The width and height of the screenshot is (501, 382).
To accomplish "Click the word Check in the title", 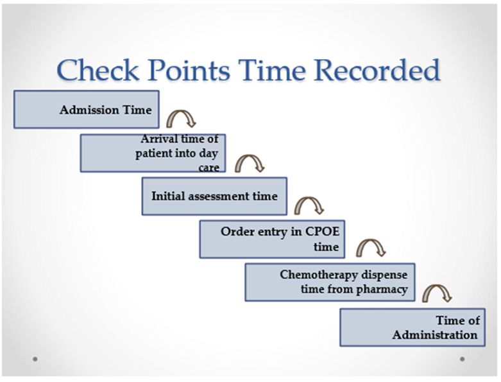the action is pyautogui.click(x=98, y=70).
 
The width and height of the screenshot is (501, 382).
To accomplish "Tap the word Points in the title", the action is pyautogui.click(x=189, y=70).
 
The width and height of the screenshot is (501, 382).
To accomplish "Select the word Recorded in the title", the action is pyautogui.click(x=377, y=70).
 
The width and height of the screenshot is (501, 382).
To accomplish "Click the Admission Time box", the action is pyautogui.click(x=86, y=109).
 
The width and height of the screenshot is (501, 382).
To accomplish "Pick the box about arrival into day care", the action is pyautogui.click(x=153, y=153).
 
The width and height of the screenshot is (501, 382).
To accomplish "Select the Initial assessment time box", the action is pyautogui.click(x=214, y=196).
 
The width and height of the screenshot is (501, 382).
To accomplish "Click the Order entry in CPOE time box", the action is pyautogui.click(x=272, y=239).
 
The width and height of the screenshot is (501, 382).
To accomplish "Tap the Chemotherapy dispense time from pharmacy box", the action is pyautogui.click(x=330, y=282).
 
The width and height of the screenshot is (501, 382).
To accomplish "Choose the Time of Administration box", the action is pyautogui.click(x=412, y=327).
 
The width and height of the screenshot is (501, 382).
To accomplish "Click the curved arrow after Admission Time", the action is pyautogui.click(x=181, y=112).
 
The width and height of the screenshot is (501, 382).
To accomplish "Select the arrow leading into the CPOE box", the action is pyautogui.click(x=309, y=199).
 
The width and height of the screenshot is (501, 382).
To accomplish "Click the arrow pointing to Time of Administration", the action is pyautogui.click(x=437, y=287).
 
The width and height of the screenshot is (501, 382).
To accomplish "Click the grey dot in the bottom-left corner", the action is pyautogui.click(x=35, y=359).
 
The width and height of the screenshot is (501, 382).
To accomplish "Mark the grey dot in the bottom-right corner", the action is pyautogui.click(x=462, y=359).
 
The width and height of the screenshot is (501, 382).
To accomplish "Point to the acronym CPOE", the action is pyautogui.click(x=323, y=231).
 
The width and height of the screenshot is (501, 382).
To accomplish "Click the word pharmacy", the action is pyautogui.click(x=382, y=290).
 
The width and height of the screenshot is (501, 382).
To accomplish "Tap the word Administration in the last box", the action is pyautogui.click(x=435, y=335).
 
